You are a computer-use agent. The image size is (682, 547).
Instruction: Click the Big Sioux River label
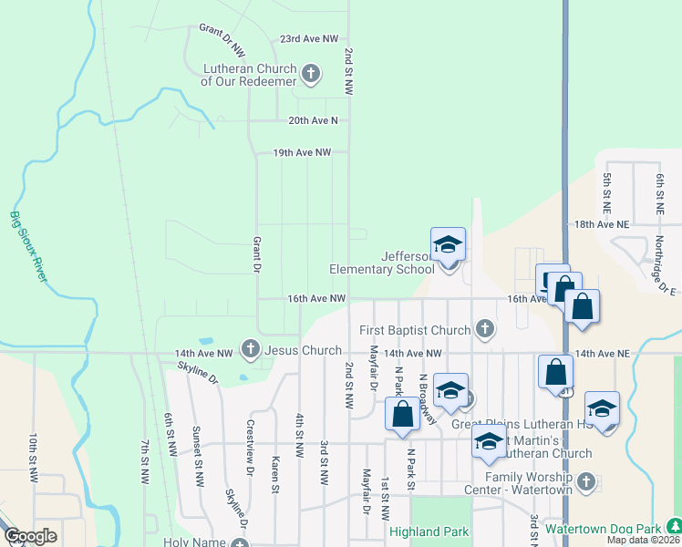click(x=27, y=246)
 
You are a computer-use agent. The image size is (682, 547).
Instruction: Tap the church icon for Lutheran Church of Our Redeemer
click(x=311, y=74)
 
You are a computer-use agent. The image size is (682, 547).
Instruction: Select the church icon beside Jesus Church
click(x=251, y=348)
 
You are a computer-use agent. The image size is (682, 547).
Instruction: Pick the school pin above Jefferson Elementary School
click(x=448, y=246)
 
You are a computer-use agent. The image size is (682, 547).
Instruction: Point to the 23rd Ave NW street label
click(x=308, y=39)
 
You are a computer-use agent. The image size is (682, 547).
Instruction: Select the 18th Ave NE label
click(x=602, y=223)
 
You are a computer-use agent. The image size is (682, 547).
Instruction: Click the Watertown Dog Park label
click(x=602, y=528)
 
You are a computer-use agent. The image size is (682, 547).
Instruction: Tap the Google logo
click(x=31, y=536)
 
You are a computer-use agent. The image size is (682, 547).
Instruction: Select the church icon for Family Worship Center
click(x=585, y=480)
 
